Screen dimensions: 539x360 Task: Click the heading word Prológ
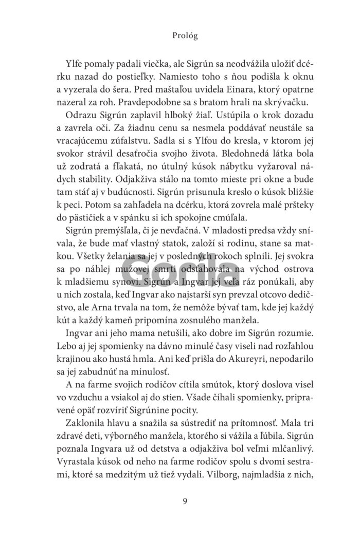coord(179,36)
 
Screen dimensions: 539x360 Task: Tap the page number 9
coord(179,501)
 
